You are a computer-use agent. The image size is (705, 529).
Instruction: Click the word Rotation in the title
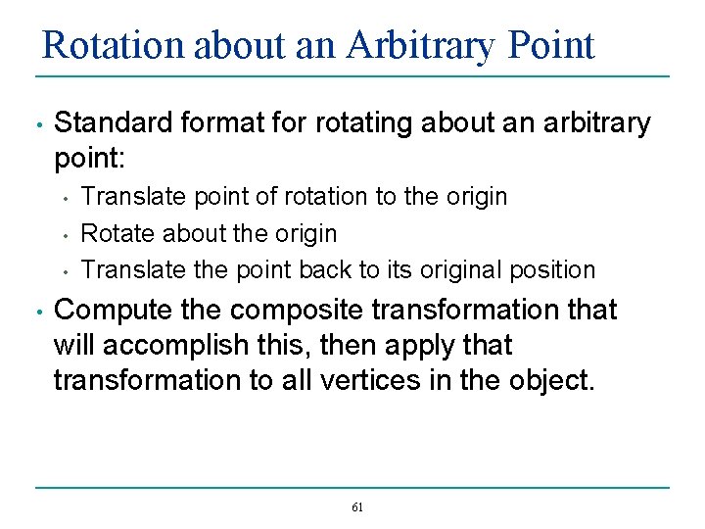pos(113,45)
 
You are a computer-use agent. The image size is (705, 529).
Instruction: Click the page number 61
pos(356,507)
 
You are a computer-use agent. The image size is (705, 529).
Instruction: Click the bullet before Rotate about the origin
pos(65,235)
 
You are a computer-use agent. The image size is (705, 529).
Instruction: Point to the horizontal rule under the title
pos(352,76)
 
